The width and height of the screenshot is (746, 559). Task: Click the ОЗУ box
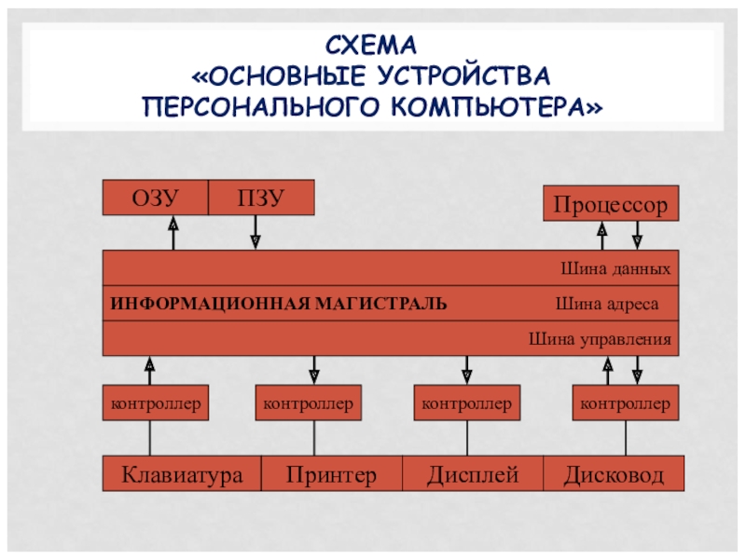tap(156, 198)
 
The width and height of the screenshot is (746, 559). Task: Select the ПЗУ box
tap(261, 198)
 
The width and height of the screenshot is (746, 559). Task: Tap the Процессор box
tap(611, 203)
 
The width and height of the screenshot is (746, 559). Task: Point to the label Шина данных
tap(615, 268)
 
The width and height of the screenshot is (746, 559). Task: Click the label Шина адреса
tap(607, 304)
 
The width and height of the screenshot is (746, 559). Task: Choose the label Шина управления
tap(600, 339)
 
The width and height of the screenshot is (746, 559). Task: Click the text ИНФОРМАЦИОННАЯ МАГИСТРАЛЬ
tap(279, 304)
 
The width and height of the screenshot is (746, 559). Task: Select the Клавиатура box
tap(182, 473)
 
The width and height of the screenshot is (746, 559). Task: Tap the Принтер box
tap(332, 473)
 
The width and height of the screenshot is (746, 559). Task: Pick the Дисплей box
tap(473, 473)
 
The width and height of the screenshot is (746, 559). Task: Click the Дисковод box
tap(614, 473)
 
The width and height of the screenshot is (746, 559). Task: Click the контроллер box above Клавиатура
tap(156, 403)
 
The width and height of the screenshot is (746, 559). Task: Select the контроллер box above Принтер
tap(309, 403)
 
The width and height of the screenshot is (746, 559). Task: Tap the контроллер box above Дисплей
tap(467, 403)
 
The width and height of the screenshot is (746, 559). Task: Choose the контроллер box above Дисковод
tap(625, 403)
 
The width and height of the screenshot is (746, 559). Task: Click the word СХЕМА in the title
tap(371, 46)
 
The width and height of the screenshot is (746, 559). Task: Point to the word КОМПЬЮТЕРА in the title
tap(497, 106)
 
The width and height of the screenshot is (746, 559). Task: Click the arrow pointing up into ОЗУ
tap(173, 233)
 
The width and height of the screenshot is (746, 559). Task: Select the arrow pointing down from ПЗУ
tap(256, 232)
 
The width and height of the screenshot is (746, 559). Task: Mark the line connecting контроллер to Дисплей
tap(467, 438)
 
